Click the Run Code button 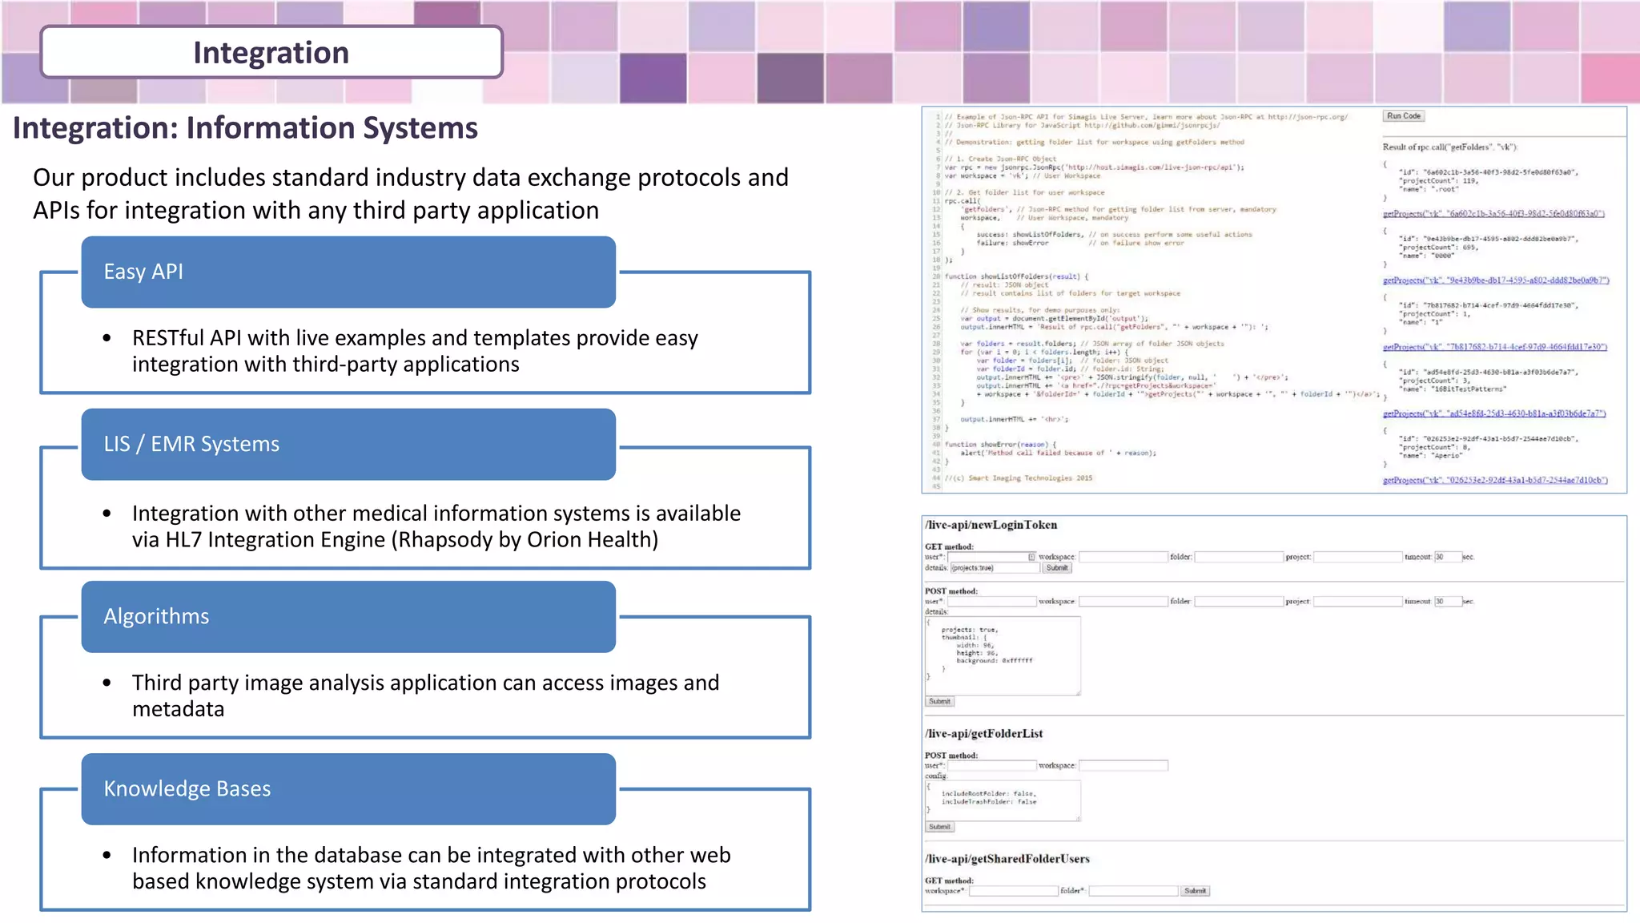[x=1403, y=116]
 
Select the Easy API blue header [x=348, y=272]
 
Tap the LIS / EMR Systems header [x=348, y=444]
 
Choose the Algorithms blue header [x=348, y=616]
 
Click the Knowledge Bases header [x=348, y=788]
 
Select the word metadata [x=178, y=709]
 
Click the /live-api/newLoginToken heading [x=991, y=525]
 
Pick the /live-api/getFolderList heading [x=983, y=733]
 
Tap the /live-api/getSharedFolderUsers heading [x=1007, y=859]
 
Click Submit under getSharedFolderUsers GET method [x=1195, y=891]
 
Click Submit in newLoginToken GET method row [x=1057, y=568]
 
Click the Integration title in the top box [x=271, y=53]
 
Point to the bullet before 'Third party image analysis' [x=107, y=683]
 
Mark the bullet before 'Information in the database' [x=107, y=856]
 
